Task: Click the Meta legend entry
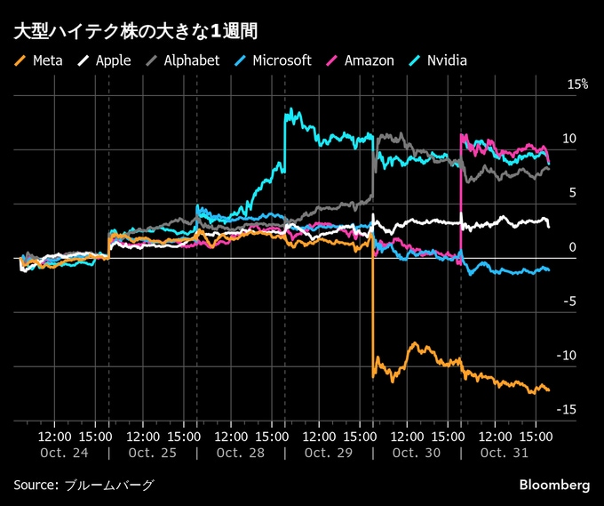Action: point(42,60)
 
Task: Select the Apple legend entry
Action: point(105,60)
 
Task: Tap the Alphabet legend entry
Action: point(185,60)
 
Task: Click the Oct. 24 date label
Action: point(63,453)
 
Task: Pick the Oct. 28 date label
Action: point(239,453)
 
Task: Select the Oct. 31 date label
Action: point(505,453)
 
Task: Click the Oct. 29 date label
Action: point(328,453)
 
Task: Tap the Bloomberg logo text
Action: point(554,485)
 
